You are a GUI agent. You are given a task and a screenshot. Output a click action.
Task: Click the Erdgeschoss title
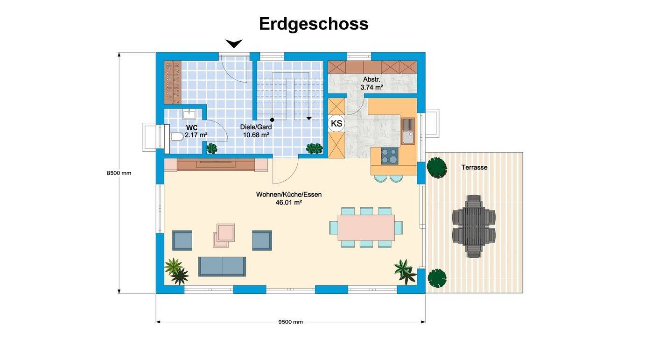[314, 24]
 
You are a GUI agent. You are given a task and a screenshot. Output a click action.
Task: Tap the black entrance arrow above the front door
[234, 44]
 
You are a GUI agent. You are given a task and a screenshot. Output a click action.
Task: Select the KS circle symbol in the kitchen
[336, 123]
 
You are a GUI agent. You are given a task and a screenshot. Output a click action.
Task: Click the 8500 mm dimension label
[119, 173]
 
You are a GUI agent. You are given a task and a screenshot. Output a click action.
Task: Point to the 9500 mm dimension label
[290, 322]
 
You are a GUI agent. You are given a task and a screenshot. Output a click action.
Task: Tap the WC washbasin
[189, 114]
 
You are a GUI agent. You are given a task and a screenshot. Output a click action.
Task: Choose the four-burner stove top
[390, 156]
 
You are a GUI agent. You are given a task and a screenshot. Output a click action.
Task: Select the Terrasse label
[474, 168]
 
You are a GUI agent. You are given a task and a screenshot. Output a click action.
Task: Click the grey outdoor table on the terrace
[474, 226]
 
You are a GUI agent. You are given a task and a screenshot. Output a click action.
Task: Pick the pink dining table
[366, 227]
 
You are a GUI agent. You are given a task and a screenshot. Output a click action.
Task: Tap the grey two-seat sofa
[222, 267]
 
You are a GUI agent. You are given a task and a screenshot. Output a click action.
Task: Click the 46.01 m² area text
[288, 203]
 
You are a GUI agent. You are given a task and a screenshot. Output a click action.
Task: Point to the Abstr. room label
[371, 79]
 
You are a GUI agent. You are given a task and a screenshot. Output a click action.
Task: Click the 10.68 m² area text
[256, 135]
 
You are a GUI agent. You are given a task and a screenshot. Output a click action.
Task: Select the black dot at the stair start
[272, 120]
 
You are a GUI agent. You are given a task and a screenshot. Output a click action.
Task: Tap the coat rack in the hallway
[173, 82]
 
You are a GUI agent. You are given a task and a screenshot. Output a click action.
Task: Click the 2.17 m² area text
[196, 135]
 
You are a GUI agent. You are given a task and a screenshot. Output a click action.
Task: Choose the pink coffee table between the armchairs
[224, 236]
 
